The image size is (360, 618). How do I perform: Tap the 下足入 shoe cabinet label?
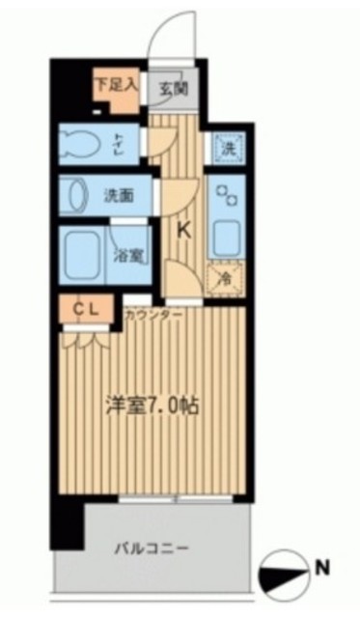[116, 83]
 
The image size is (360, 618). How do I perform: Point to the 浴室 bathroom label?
[129, 256]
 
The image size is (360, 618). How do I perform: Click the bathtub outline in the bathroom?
[83, 254]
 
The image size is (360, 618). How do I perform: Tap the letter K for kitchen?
[183, 230]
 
